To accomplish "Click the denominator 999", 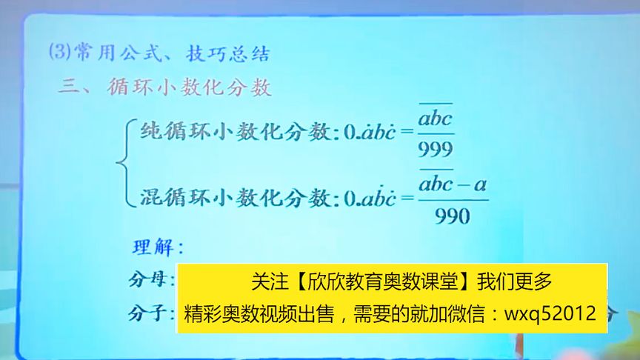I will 435,150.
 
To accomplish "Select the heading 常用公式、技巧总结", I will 167,54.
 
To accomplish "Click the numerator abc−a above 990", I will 453,184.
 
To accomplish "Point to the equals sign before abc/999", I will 404,133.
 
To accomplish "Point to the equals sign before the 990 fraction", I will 404,198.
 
